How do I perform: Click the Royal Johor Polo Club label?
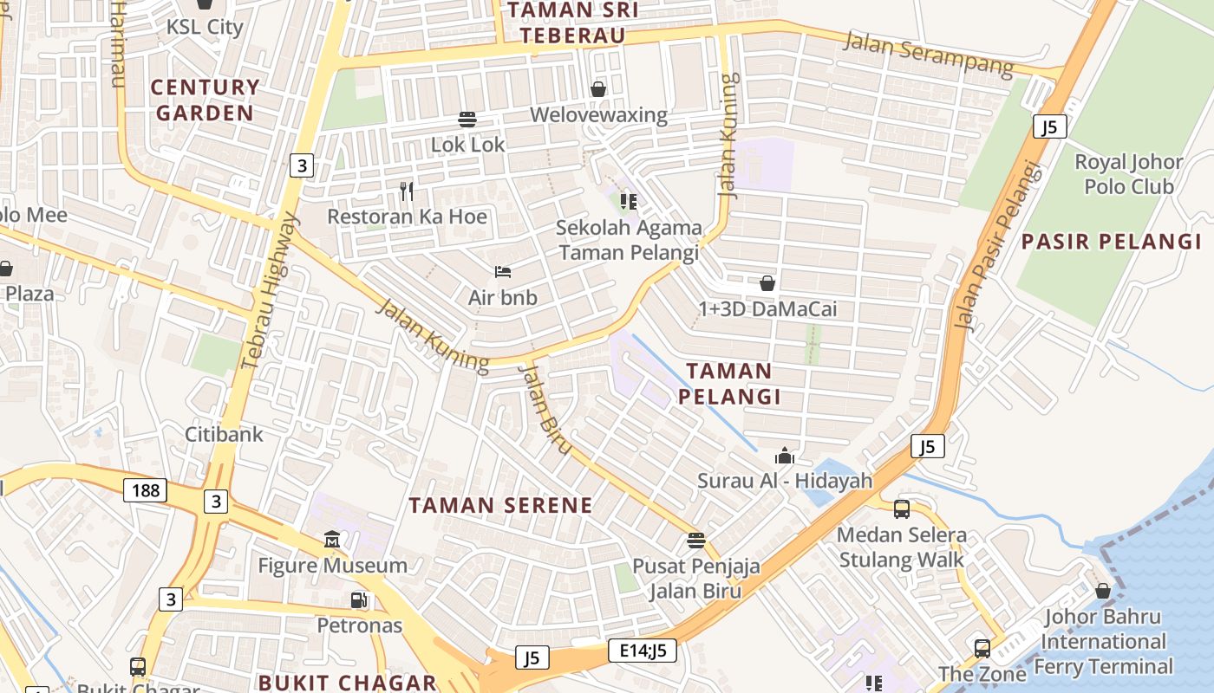[x=1128, y=174]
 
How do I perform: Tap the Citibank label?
[x=224, y=434]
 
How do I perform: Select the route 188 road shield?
[x=146, y=490]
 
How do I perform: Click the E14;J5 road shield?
[x=642, y=651]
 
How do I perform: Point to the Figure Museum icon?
[x=332, y=541]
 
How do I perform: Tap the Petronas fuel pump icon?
[x=358, y=599]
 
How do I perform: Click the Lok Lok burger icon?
[x=467, y=119]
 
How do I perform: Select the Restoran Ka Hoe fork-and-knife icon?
[x=406, y=191]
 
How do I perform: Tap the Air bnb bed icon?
[x=502, y=272]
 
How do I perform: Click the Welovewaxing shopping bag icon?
[x=597, y=88]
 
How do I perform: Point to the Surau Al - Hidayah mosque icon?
[x=785, y=455]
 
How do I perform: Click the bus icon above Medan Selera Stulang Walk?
[x=901, y=508]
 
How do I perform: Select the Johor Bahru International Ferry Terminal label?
[x=1102, y=642]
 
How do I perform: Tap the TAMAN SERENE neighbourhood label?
[x=500, y=505]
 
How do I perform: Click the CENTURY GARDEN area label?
[x=205, y=100]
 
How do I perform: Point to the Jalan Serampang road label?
[x=928, y=53]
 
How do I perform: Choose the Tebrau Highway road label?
[x=271, y=290]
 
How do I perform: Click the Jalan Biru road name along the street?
[x=545, y=409]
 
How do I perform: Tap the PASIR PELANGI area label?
[x=1111, y=242]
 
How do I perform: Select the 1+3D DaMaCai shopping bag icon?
[x=767, y=283]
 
